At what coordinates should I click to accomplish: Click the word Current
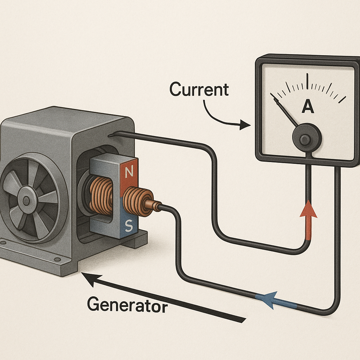(x=199, y=90)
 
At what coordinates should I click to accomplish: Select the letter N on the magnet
(x=129, y=172)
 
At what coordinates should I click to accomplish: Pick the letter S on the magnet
(x=129, y=227)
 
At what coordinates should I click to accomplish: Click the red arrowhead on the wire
(x=308, y=210)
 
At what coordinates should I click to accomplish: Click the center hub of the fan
(x=26, y=201)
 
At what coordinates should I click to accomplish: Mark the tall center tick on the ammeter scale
(x=308, y=81)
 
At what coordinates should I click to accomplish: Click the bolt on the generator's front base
(x=55, y=259)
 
